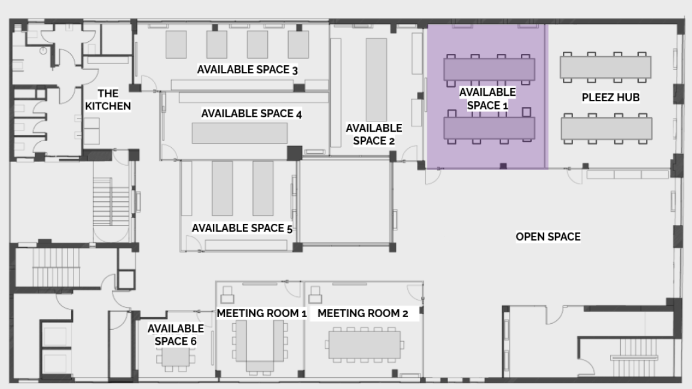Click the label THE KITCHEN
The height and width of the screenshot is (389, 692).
point(108,100)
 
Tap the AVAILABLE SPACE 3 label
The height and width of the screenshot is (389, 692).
point(247,70)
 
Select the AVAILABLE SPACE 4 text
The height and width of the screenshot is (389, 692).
point(251,114)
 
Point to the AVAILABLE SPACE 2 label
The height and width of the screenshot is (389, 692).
point(374,134)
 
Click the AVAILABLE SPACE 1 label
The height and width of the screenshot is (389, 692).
point(487,99)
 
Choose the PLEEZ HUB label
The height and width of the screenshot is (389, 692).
point(610,98)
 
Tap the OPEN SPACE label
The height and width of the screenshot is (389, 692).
point(548,237)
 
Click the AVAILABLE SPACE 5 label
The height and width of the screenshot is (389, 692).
point(242,228)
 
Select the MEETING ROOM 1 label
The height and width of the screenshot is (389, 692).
point(261,314)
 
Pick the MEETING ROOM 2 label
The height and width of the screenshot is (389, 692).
point(363,314)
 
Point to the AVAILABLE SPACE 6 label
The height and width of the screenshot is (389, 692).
point(176,335)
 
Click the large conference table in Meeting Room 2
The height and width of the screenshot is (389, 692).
point(364,345)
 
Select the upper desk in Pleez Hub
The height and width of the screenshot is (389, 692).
point(605,67)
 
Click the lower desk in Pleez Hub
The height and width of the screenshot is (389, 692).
point(606,129)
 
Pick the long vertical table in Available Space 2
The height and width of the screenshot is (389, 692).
point(376,80)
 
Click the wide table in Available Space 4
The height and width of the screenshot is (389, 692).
point(240,133)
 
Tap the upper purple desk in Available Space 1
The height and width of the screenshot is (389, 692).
point(489,70)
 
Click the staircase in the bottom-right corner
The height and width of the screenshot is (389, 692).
point(635,357)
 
